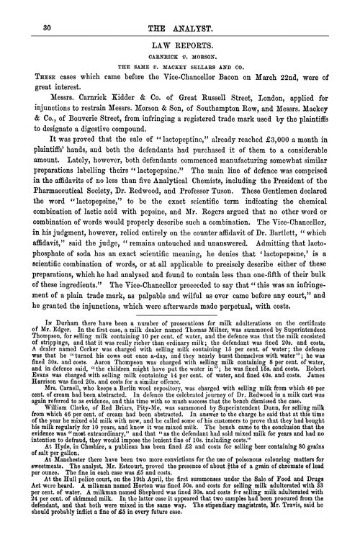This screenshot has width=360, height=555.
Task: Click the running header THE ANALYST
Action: pos(180,27)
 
